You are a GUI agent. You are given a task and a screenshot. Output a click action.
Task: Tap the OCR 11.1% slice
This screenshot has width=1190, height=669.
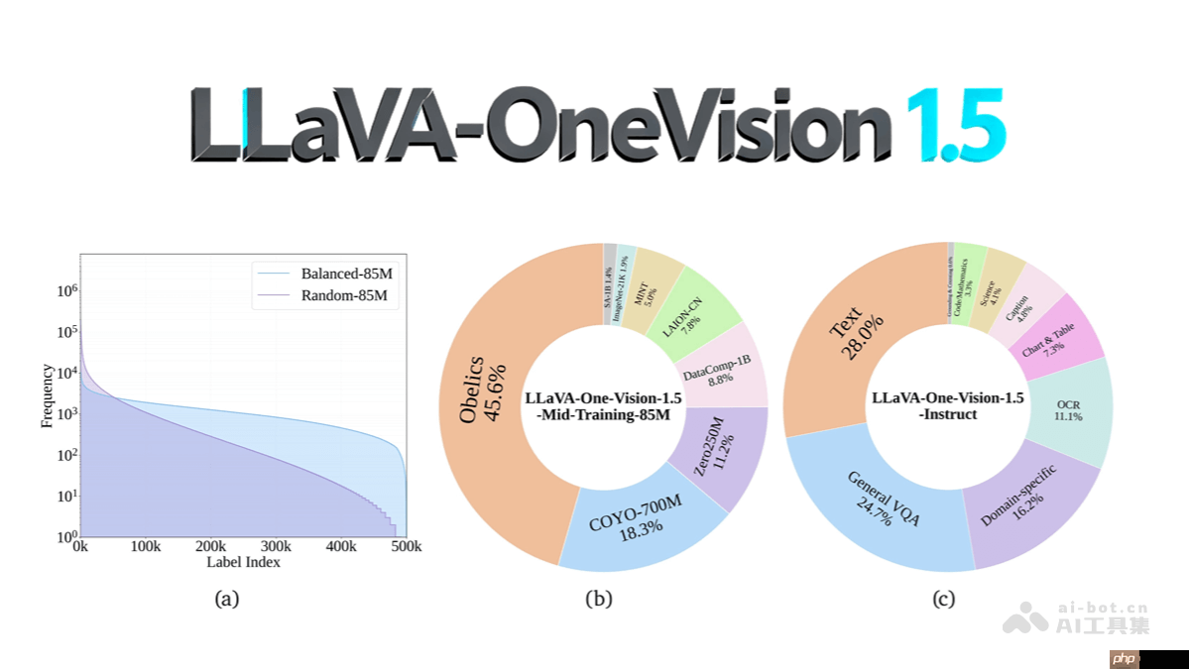[1068, 410]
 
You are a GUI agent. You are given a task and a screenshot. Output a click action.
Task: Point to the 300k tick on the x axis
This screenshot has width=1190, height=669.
[275, 547]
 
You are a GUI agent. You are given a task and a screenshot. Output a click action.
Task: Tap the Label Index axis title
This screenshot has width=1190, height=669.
[243, 563]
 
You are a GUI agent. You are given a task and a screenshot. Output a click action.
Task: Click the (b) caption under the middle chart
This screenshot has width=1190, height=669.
[599, 599]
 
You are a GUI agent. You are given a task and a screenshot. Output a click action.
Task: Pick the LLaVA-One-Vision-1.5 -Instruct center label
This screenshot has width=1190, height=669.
[947, 405]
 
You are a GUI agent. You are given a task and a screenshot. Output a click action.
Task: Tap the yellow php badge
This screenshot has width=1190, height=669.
[1123, 659]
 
